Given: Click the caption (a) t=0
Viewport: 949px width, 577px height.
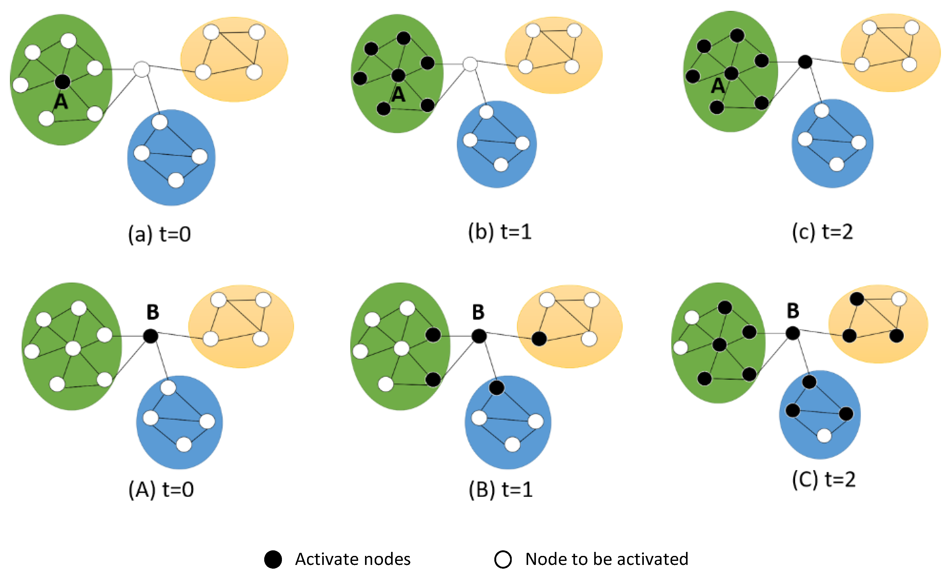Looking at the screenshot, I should click(159, 234).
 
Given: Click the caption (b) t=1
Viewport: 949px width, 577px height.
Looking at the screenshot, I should click(500, 232).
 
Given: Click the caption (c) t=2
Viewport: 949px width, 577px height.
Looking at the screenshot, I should click(823, 232).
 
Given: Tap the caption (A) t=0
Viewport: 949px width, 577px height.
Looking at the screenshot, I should click(161, 490).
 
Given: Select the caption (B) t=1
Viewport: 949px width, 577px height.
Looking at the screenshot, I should click(501, 490).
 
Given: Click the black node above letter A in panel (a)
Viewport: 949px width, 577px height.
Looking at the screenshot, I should click(62, 81).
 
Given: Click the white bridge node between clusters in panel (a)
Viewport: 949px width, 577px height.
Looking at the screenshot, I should click(142, 69).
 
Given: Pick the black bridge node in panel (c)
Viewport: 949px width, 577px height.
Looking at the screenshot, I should click(805, 62).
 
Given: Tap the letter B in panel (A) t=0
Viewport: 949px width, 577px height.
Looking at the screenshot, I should click(153, 312).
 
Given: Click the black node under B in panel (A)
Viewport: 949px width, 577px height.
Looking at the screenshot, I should click(151, 336).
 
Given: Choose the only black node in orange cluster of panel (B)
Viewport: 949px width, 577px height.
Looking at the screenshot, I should click(539, 339).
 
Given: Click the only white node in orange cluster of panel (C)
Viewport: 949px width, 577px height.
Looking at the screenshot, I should click(899, 299).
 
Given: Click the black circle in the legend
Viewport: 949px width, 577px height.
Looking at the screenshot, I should click(273, 559).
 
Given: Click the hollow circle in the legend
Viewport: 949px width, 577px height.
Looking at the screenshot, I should click(503, 559).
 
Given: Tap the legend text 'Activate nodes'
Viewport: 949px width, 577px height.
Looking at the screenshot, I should click(353, 559).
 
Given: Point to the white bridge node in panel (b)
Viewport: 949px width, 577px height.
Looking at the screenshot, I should click(470, 64).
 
